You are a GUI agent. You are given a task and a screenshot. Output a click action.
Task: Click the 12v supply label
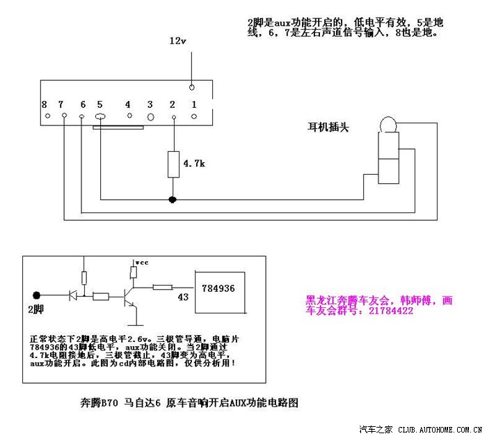[x=179, y=41]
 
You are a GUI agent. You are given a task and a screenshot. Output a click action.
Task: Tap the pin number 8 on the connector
[x=44, y=104]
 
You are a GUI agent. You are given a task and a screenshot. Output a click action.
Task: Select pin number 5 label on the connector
[x=99, y=104]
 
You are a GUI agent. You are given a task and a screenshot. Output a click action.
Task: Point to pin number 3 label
[x=150, y=104]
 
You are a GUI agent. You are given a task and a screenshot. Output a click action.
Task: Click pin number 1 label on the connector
[x=194, y=104]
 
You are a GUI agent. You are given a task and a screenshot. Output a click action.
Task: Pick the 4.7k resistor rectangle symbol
[x=173, y=163]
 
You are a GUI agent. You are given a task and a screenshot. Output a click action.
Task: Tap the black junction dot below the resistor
[x=173, y=200]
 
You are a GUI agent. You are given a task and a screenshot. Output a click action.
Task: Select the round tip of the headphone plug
[x=387, y=125]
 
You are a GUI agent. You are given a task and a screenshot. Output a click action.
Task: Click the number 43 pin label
[x=184, y=297]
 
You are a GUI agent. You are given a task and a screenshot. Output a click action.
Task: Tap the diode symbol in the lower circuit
[x=72, y=295]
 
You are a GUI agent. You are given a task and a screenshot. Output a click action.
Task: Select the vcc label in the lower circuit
[x=142, y=262]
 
